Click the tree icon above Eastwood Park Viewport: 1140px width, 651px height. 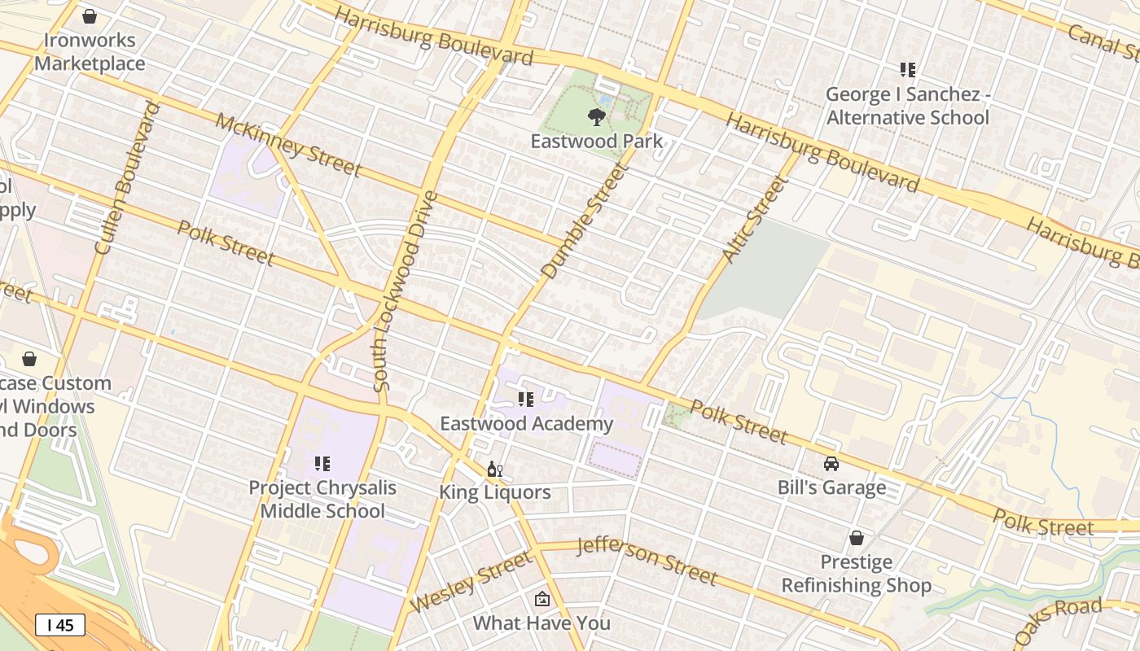click(x=597, y=116)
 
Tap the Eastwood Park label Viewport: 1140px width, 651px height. click(x=597, y=141)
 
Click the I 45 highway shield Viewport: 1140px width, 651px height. click(x=60, y=625)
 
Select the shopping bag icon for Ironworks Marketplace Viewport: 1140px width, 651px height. click(x=90, y=15)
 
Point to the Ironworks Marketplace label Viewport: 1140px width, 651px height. click(x=90, y=51)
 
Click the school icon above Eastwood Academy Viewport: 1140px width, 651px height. click(x=526, y=400)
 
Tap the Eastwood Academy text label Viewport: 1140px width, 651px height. click(x=526, y=424)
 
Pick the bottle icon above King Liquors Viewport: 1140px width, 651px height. click(x=494, y=470)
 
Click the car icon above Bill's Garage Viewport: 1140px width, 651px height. click(x=831, y=464)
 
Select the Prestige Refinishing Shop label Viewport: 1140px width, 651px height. click(x=857, y=574)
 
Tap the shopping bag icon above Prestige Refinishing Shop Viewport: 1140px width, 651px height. click(x=856, y=538)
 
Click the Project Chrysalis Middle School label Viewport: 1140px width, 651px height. click(x=322, y=499)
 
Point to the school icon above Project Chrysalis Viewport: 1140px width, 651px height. click(x=322, y=464)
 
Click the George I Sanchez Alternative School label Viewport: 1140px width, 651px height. click(x=908, y=106)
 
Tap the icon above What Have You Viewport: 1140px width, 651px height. click(x=541, y=600)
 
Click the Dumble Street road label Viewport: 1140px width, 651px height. click(x=585, y=221)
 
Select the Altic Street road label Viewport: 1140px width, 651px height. click(x=755, y=220)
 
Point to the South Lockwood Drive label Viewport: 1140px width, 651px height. click(x=405, y=291)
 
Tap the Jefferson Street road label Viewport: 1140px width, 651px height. click(x=647, y=561)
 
